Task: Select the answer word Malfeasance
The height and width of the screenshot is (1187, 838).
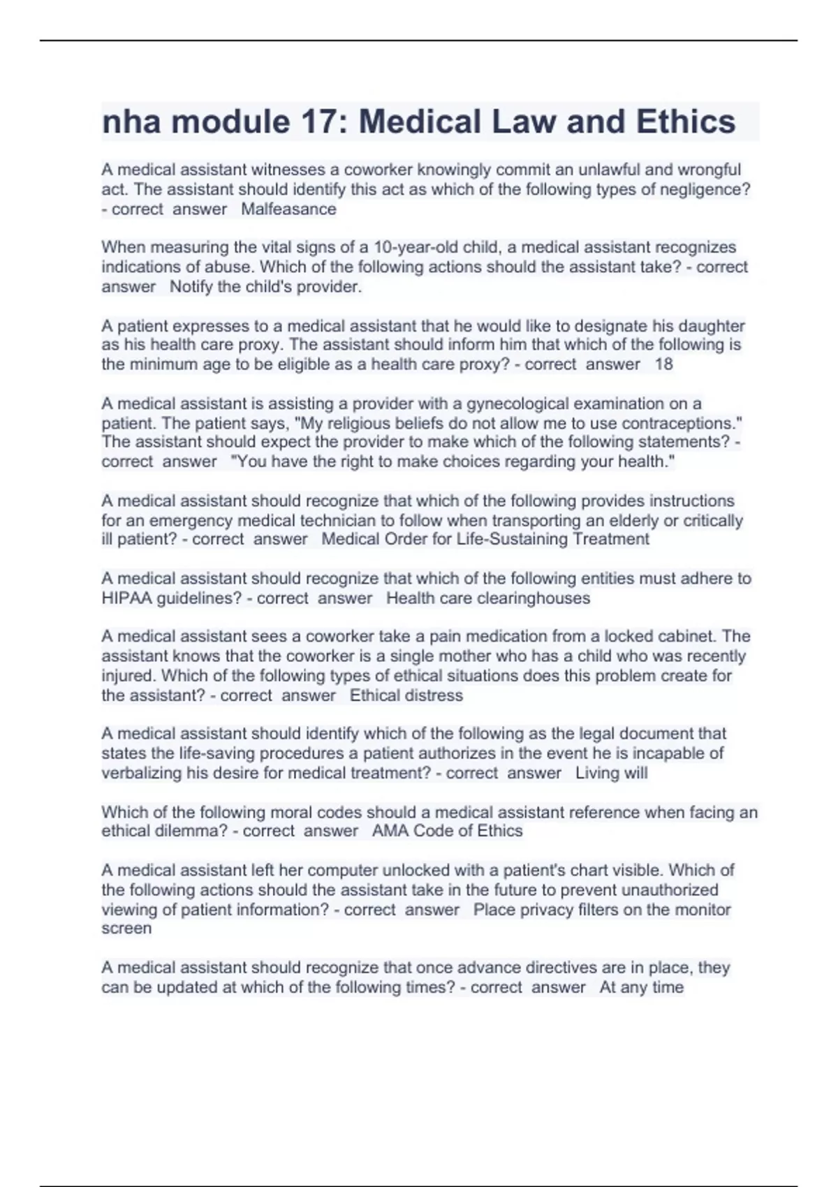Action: pos(288,209)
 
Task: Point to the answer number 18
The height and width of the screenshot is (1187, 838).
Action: pos(663,364)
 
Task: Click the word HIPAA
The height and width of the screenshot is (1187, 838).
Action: pos(127,598)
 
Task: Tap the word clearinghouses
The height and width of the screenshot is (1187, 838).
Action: pos(533,598)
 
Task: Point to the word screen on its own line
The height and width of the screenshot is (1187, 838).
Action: pos(126,929)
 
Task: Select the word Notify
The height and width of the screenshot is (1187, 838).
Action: pos(191,287)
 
